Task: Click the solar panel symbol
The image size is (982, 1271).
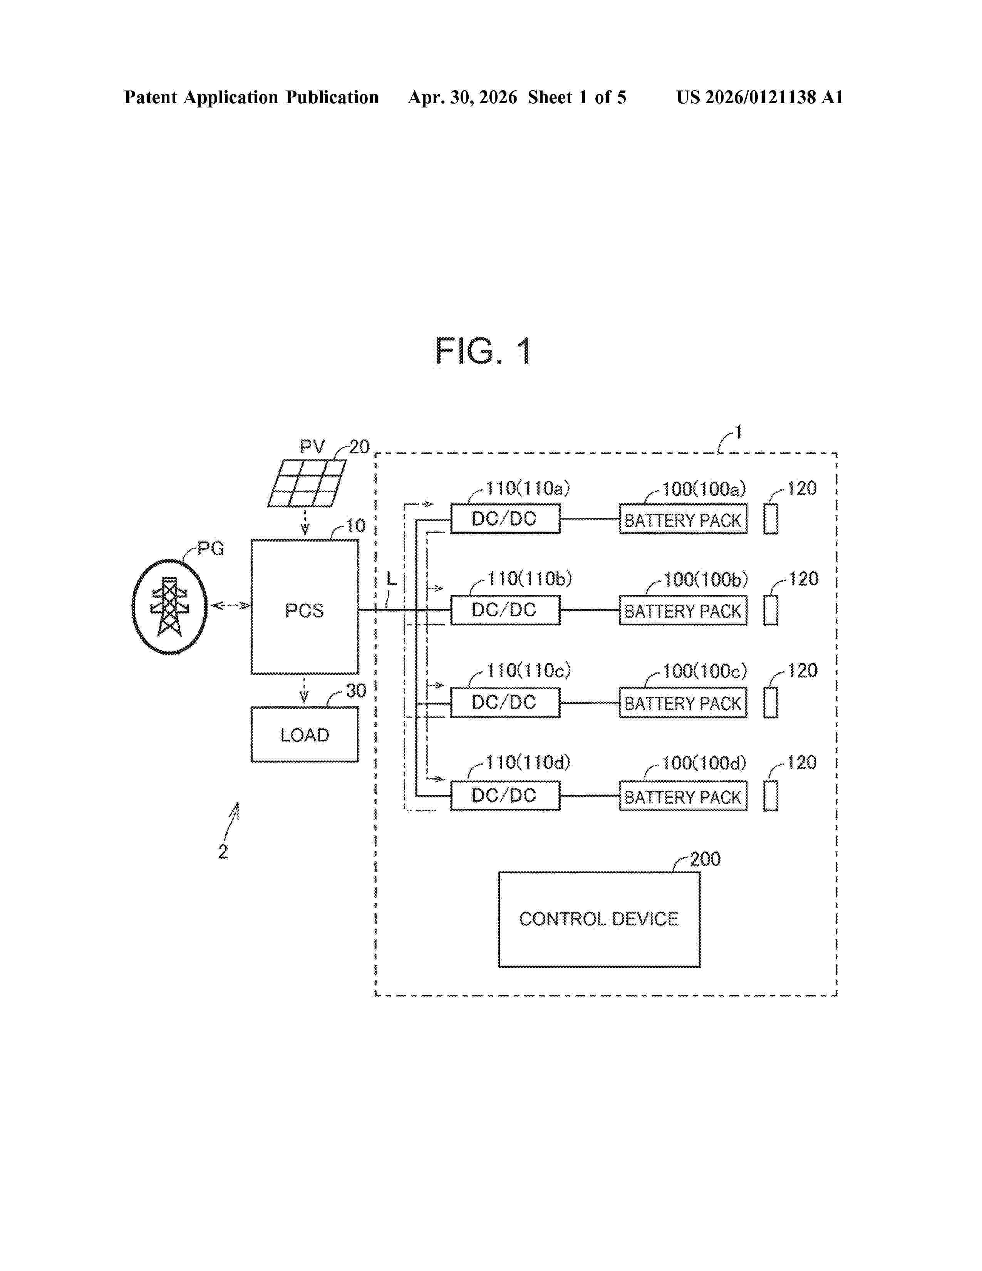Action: click(307, 483)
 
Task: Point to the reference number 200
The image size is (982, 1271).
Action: click(705, 859)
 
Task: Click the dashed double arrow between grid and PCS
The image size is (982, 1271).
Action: click(230, 606)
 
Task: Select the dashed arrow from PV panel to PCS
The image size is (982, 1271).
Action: click(305, 522)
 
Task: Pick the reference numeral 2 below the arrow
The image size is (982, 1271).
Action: click(223, 852)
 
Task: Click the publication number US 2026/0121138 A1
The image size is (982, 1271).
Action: click(759, 97)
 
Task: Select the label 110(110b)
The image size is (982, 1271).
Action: click(530, 579)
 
